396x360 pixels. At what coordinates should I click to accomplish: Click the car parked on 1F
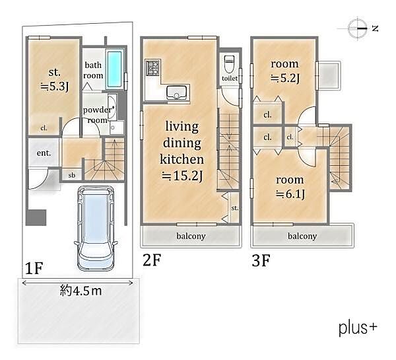tap(96, 229)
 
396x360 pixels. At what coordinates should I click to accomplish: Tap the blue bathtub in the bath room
tap(115, 69)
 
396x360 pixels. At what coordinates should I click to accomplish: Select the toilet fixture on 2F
tap(229, 64)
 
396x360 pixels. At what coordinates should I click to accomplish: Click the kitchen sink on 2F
tap(176, 92)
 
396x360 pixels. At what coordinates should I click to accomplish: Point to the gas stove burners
tap(152, 67)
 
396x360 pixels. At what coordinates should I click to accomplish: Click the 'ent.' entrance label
tap(44, 153)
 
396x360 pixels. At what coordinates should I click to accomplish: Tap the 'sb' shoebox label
tap(72, 175)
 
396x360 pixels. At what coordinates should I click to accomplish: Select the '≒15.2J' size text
tap(182, 176)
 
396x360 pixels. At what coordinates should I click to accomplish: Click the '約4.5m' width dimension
tap(81, 291)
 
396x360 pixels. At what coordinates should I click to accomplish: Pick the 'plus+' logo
tap(358, 328)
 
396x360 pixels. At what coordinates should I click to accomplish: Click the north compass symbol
tap(358, 28)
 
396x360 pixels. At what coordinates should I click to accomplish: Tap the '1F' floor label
tap(34, 268)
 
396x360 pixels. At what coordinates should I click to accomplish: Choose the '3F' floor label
tap(261, 260)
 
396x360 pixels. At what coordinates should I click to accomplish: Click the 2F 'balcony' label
tap(191, 236)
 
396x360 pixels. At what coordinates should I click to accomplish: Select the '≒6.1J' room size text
tap(290, 194)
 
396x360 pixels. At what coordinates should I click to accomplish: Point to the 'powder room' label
tap(97, 115)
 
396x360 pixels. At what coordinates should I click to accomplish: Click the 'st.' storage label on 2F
tap(234, 208)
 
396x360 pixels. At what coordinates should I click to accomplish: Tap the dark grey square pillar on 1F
tap(36, 217)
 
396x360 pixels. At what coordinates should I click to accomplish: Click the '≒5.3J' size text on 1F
tap(55, 87)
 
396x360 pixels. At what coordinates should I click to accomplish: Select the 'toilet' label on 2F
tap(230, 79)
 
